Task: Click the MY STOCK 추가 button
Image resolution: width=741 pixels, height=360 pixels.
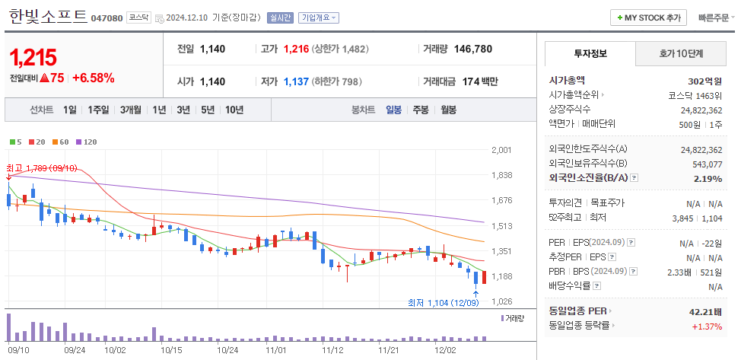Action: [x=648, y=18]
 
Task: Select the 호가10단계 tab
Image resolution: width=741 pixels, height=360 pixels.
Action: [x=681, y=53]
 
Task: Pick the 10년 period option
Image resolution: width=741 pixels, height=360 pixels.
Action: [x=234, y=110]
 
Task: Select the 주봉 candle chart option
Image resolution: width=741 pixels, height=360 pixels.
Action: [x=421, y=110]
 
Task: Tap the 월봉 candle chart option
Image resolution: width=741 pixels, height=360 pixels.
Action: [x=448, y=110]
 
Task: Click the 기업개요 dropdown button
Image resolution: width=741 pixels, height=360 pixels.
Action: [x=319, y=18]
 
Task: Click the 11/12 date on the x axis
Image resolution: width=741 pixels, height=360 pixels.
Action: [x=332, y=350]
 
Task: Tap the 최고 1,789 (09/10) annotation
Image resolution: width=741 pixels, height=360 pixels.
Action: [x=42, y=167]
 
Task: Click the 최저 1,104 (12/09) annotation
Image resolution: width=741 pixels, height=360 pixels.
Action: [x=444, y=303]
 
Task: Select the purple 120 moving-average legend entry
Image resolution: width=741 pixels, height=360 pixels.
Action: [x=88, y=142]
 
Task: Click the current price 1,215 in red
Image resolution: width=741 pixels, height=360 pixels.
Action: [x=33, y=57]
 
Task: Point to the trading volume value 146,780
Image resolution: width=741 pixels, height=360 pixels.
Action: [x=472, y=49]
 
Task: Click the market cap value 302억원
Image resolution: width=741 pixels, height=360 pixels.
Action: [x=704, y=81]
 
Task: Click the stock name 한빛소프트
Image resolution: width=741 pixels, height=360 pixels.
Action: [x=47, y=17]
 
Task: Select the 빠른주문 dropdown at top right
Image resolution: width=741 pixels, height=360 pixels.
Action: [x=714, y=18]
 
